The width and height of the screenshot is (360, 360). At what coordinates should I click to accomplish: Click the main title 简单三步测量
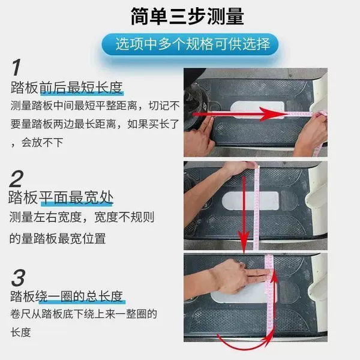tap(187, 16)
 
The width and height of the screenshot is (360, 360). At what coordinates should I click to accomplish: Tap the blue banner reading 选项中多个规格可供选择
tap(190, 44)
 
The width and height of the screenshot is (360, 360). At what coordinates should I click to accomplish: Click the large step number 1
tap(16, 67)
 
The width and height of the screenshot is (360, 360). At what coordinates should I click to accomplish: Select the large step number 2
tap(16, 179)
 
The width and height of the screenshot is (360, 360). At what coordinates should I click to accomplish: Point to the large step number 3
tap(18, 278)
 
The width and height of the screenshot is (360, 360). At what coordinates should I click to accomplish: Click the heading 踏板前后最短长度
tap(67, 88)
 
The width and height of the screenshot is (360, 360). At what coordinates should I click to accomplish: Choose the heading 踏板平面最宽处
tap(61, 197)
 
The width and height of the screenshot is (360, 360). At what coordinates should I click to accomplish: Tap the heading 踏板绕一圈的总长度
tap(67, 296)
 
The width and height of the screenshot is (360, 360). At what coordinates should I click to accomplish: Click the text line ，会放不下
tap(37, 142)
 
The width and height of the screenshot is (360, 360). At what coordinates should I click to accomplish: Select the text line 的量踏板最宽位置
tap(58, 238)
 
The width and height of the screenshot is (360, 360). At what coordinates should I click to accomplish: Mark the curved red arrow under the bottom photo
tap(245, 347)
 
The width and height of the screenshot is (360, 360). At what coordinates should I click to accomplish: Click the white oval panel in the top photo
tap(257, 109)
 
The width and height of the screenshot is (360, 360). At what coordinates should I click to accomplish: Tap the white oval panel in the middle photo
tap(250, 200)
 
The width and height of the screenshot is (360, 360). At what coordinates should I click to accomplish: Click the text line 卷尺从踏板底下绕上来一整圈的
tap(83, 314)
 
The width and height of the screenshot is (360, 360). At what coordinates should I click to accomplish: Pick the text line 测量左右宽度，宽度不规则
tap(82, 217)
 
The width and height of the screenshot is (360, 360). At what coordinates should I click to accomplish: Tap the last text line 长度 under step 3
tap(20, 332)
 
